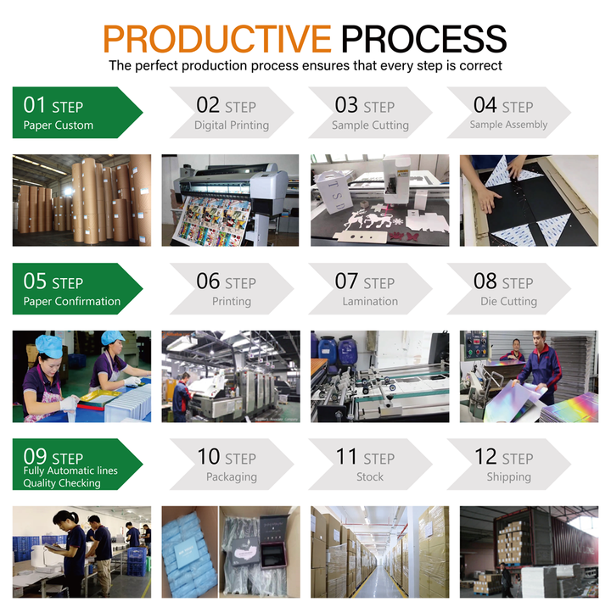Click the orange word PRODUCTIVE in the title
pyautogui.click(x=217, y=38)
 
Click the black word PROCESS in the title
pyautogui.click(x=424, y=38)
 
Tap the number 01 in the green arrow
pyautogui.click(x=34, y=105)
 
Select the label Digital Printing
pyautogui.click(x=232, y=125)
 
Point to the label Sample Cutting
pyautogui.click(x=370, y=125)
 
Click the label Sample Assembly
pyautogui.click(x=508, y=125)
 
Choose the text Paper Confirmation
pyautogui.click(x=72, y=301)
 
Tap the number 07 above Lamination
pyautogui.click(x=346, y=281)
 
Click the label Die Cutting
pyautogui.click(x=508, y=301)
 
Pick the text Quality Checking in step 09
pyautogui.click(x=62, y=483)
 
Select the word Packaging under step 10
pyautogui.click(x=232, y=477)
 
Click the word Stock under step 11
pyautogui.click(x=370, y=477)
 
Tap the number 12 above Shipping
pyautogui.click(x=485, y=457)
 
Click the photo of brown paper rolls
pyautogui.click(x=81, y=200)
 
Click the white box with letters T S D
pyautogui.click(x=334, y=192)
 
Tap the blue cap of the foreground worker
pyautogui.click(x=49, y=346)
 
